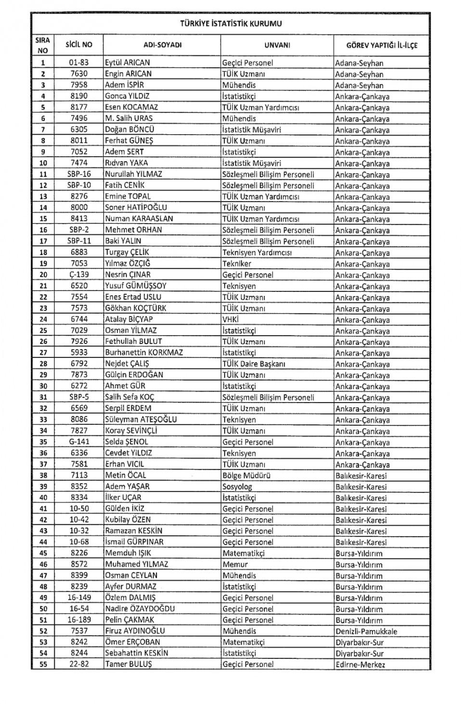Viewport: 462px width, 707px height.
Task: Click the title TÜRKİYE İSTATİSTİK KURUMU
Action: pos(231,23)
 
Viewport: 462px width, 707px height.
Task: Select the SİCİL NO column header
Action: pos(79,45)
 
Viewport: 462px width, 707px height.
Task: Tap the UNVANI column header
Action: pos(277,45)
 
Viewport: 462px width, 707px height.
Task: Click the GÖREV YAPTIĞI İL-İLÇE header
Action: pos(382,45)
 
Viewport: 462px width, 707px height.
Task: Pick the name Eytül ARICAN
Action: pos(128,63)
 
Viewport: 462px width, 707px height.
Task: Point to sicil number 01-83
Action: pos(79,63)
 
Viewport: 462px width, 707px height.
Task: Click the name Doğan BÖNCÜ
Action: pos(129,129)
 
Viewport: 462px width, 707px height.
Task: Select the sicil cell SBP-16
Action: pos(79,174)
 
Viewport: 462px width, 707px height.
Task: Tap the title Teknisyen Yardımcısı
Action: pos(257,252)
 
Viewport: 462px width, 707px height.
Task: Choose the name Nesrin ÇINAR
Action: pos(128,275)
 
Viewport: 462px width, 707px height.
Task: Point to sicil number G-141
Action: pos(79,442)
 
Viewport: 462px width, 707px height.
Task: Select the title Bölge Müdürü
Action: pos(246,475)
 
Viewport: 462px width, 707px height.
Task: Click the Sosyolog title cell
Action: pos(237,486)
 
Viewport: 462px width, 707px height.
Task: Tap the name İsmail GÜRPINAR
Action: pos(134,542)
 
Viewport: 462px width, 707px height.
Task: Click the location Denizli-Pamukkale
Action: pos(366,631)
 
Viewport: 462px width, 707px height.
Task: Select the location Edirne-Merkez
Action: pos(360,665)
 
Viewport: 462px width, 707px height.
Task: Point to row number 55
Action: pos(43,664)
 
